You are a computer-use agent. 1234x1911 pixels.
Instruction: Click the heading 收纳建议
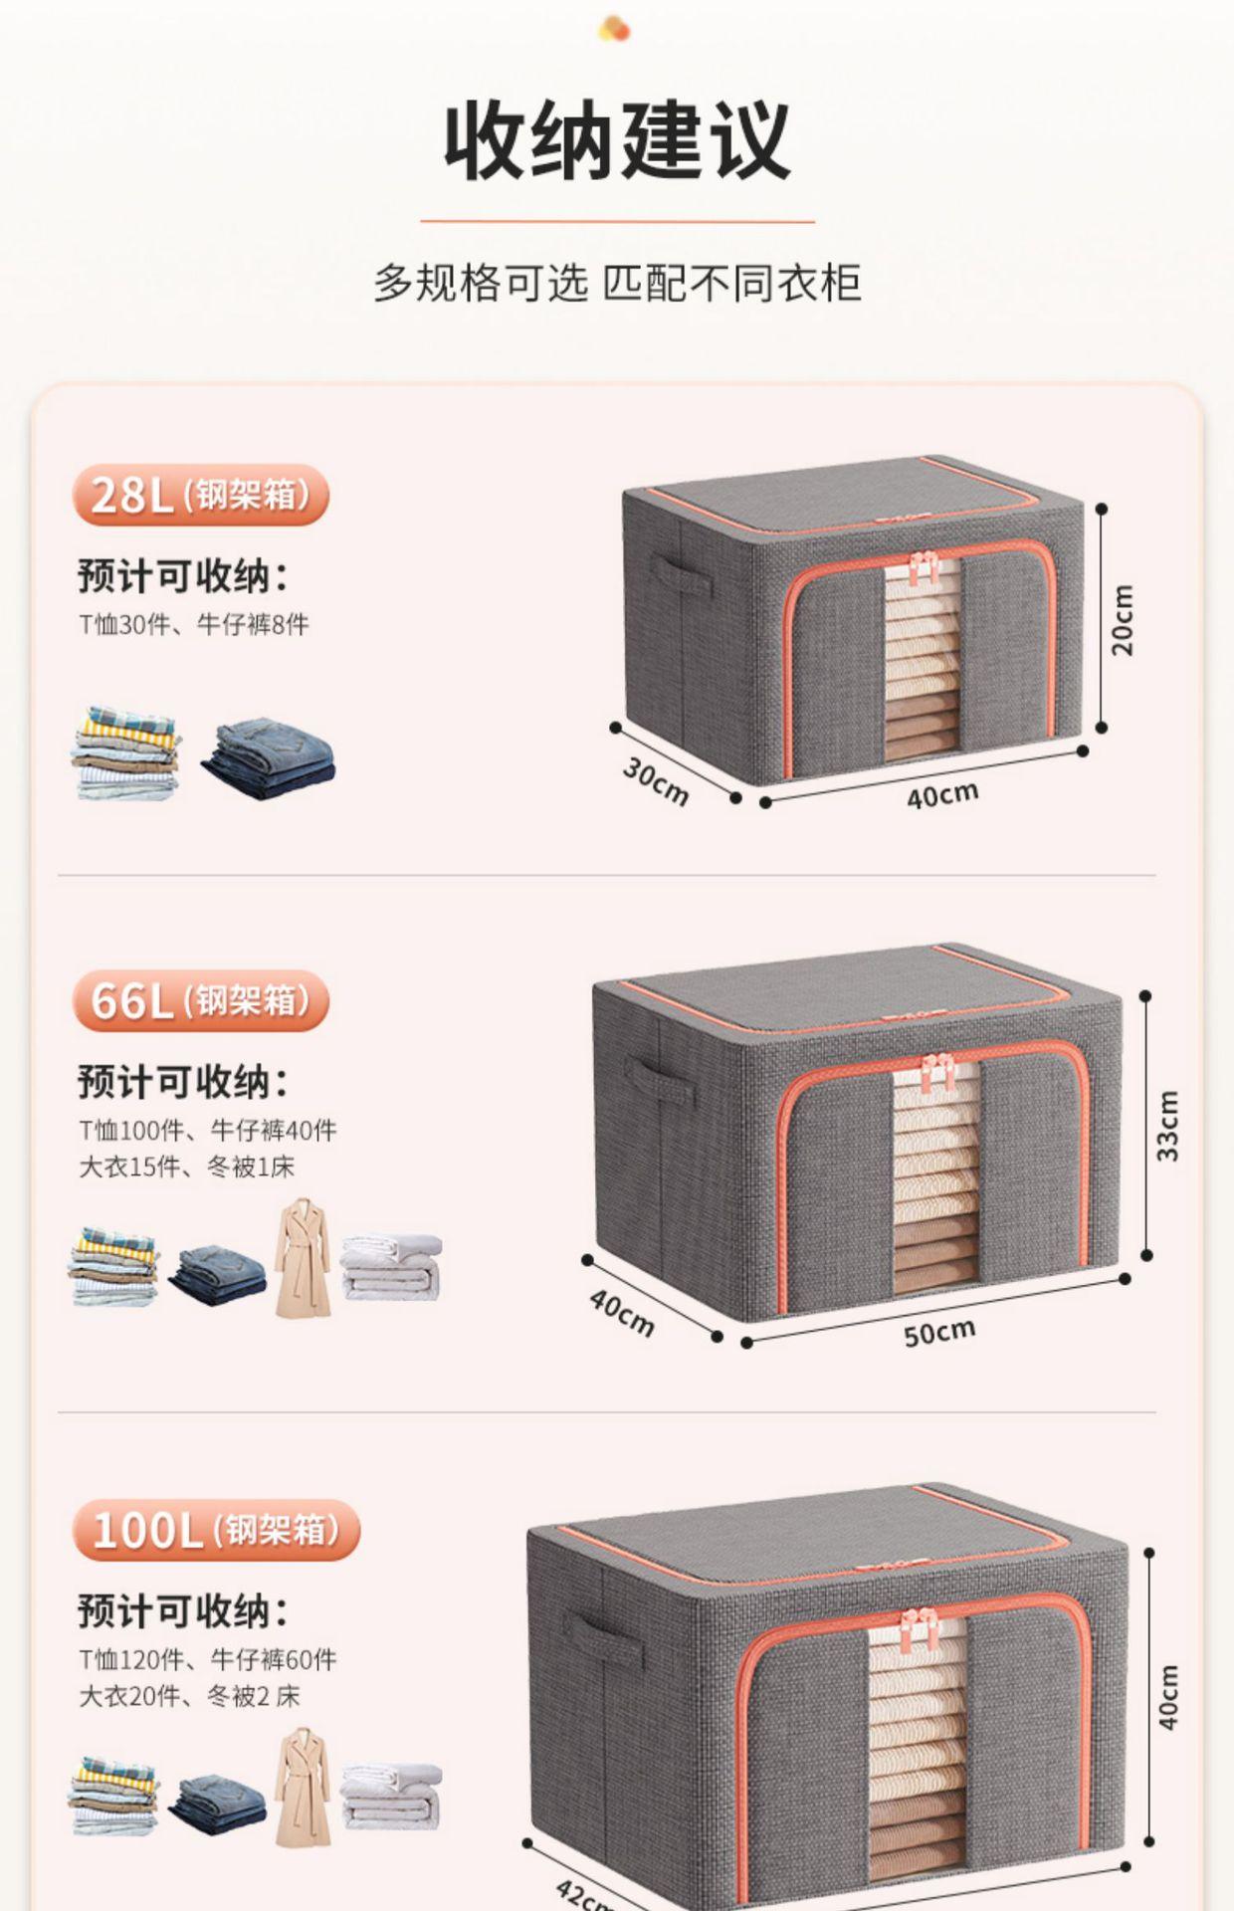pyautogui.click(x=617, y=141)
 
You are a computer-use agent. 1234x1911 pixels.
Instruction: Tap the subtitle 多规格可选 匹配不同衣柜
pyautogui.click(x=617, y=284)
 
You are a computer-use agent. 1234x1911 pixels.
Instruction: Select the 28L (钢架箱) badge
pyautogui.click(x=200, y=495)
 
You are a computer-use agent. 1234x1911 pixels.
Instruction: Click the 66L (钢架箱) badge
pyautogui.click(x=200, y=1000)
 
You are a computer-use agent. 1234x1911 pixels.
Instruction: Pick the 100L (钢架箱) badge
pyautogui.click(x=216, y=1530)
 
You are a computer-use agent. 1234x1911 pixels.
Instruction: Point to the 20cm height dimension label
pyautogui.click(x=1122, y=619)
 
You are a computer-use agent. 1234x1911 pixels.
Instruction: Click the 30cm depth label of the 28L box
pyautogui.click(x=656, y=780)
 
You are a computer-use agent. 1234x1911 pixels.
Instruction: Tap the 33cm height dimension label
pyautogui.click(x=1167, y=1126)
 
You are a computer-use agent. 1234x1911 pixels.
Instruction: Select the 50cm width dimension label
pyautogui.click(x=938, y=1332)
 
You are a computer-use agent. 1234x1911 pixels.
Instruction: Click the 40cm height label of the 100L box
pyautogui.click(x=1167, y=1697)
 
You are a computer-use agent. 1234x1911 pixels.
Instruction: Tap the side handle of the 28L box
pyautogui.click(x=682, y=575)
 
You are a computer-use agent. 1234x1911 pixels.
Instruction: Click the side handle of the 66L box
pyautogui.click(x=659, y=1081)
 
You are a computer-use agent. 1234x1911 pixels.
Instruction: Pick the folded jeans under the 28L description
pyautogui.click(x=269, y=758)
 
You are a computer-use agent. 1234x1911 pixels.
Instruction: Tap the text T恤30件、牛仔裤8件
pyautogui.click(x=194, y=625)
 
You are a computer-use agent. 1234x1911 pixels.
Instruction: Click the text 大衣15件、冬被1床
pyautogui.click(x=187, y=1167)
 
